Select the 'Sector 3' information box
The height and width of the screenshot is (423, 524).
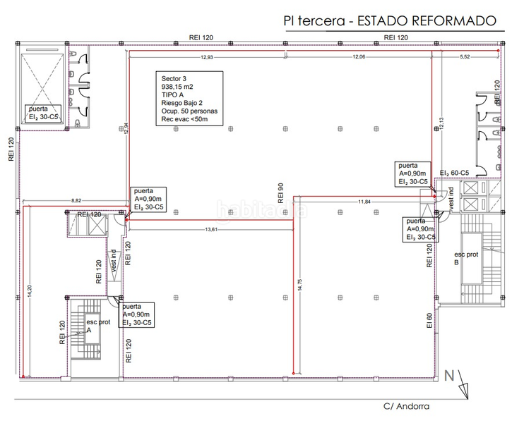click(189, 99)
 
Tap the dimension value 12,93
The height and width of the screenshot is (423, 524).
click(208, 56)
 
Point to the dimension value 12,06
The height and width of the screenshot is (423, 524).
click(359, 56)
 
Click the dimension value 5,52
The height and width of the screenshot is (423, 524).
click(465, 56)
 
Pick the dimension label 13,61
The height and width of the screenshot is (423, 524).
click(210, 229)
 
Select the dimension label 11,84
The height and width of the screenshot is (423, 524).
click(364, 202)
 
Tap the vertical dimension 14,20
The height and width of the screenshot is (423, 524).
click(30, 293)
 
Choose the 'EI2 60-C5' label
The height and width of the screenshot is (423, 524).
click(454, 173)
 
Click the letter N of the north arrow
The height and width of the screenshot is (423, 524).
click(448, 376)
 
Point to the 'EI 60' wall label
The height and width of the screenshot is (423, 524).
click(429, 321)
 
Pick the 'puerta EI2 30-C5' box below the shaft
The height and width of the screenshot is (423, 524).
click(44, 114)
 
